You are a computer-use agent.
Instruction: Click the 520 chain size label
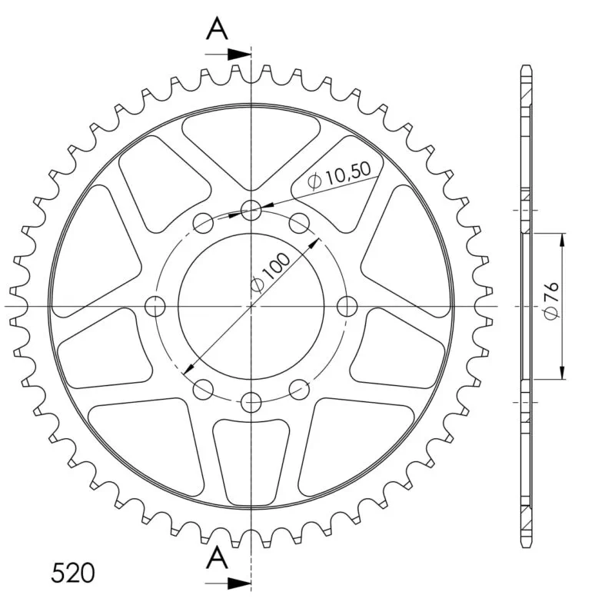pos(73,573)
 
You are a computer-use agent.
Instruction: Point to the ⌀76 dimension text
pos(552,300)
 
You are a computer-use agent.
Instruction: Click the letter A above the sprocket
pos(217,28)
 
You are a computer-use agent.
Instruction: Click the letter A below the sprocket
pos(217,558)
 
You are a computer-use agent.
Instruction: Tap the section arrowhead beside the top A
pos(239,55)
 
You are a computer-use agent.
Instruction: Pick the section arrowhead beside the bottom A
pos(239,583)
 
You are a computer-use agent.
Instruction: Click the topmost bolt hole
pos(251,210)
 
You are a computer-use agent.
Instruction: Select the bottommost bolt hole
pos(251,402)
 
